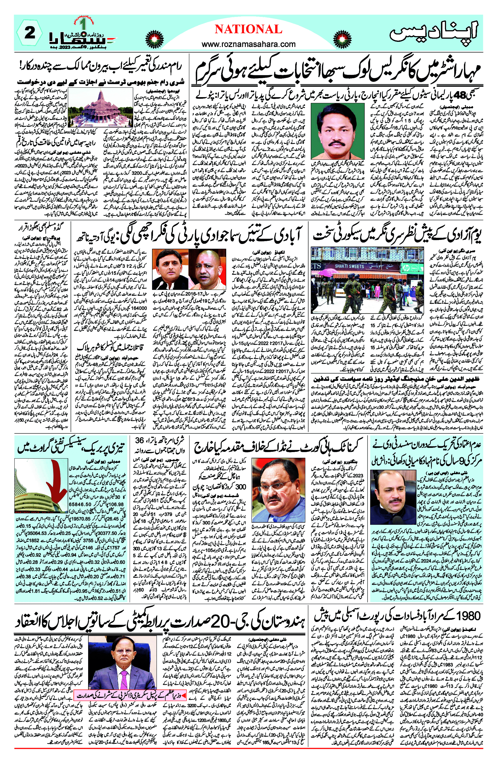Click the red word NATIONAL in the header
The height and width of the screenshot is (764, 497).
click(248, 29)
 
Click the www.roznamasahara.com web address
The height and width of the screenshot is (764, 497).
click(248, 44)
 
